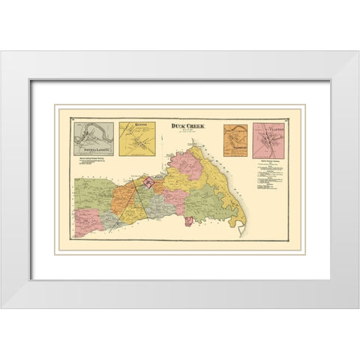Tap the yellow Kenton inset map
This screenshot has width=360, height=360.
[x=137, y=139]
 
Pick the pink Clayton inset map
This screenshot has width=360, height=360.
[x=268, y=139]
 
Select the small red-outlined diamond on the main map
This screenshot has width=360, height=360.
[x=148, y=182]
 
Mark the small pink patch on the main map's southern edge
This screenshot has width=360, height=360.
[x=189, y=221]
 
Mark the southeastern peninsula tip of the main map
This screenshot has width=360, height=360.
[x=241, y=230]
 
